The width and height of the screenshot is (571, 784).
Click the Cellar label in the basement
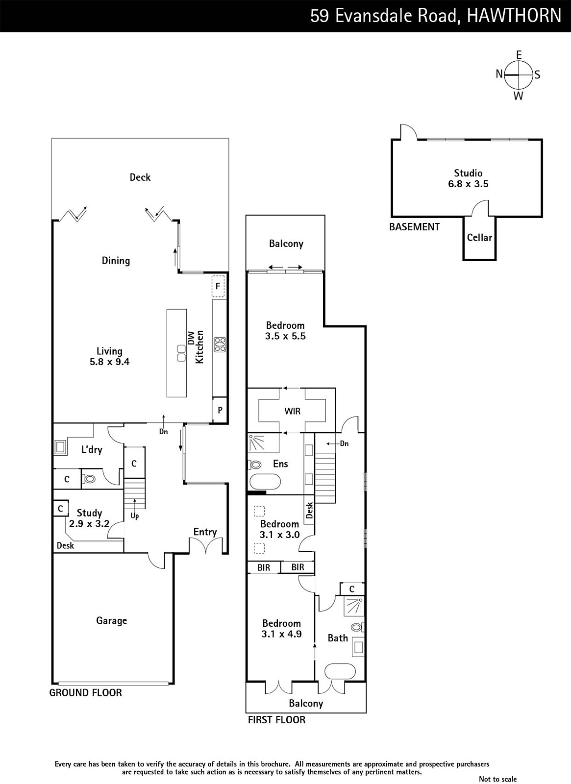point(479,238)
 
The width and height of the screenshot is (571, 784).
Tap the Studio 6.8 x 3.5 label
point(468,178)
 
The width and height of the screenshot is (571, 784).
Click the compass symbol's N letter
point(499,74)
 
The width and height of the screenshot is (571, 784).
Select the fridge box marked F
point(218,286)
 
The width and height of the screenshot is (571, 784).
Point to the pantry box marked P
point(220,410)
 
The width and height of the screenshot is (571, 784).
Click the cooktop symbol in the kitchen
point(220,344)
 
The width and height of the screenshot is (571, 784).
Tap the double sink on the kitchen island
point(181,353)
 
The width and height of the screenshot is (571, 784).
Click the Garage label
point(112,621)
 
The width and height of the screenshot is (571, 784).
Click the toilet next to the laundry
point(89,479)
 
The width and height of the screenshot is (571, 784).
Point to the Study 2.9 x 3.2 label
point(89,518)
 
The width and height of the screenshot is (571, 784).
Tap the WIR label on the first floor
point(292,411)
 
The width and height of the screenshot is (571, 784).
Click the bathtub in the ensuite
point(265,482)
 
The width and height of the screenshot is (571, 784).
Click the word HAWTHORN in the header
point(514,16)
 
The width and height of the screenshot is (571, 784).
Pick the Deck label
point(140,177)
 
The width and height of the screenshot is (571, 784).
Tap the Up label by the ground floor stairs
point(135,516)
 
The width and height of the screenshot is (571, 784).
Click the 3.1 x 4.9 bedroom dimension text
point(281,634)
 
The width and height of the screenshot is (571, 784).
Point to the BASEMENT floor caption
point(414,227)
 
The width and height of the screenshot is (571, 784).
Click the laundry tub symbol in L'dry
point(61,448)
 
